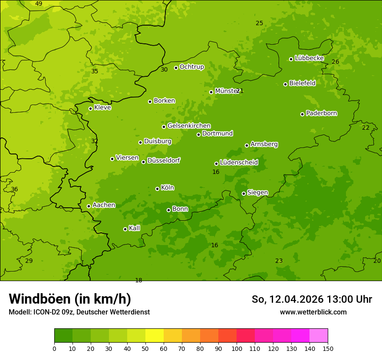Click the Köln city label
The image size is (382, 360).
[x=167, y=188]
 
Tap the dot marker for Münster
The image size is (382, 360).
[x=211, y=92]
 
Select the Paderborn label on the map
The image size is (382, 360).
[x=321, y=113]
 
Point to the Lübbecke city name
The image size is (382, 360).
[x=309, y=58]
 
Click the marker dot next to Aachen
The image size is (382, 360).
[x=89, y=206]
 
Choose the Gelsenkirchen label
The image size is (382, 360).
[x=189, y=126]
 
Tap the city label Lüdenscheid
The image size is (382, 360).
[x=239, y=163]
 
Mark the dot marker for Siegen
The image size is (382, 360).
[x=244, y=193]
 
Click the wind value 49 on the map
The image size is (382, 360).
[x=39, y=4]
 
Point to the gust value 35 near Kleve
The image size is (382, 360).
[x=95, y=72]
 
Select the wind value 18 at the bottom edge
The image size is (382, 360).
[x=138, y=280]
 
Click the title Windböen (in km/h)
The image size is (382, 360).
[x=70, y=299]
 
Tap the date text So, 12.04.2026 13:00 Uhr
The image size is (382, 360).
[x=312, y=299]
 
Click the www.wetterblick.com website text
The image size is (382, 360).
[x=313, y=312]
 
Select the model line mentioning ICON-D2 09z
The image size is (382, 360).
[x=79, y=312]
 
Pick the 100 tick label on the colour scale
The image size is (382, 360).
[x=237, y=348]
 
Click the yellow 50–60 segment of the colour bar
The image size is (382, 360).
[x=155, y=336]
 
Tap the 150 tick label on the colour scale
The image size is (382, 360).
[x=327, y=348]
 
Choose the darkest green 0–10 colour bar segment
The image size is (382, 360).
[x=63, y=336]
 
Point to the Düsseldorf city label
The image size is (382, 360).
[x=164, y=160]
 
